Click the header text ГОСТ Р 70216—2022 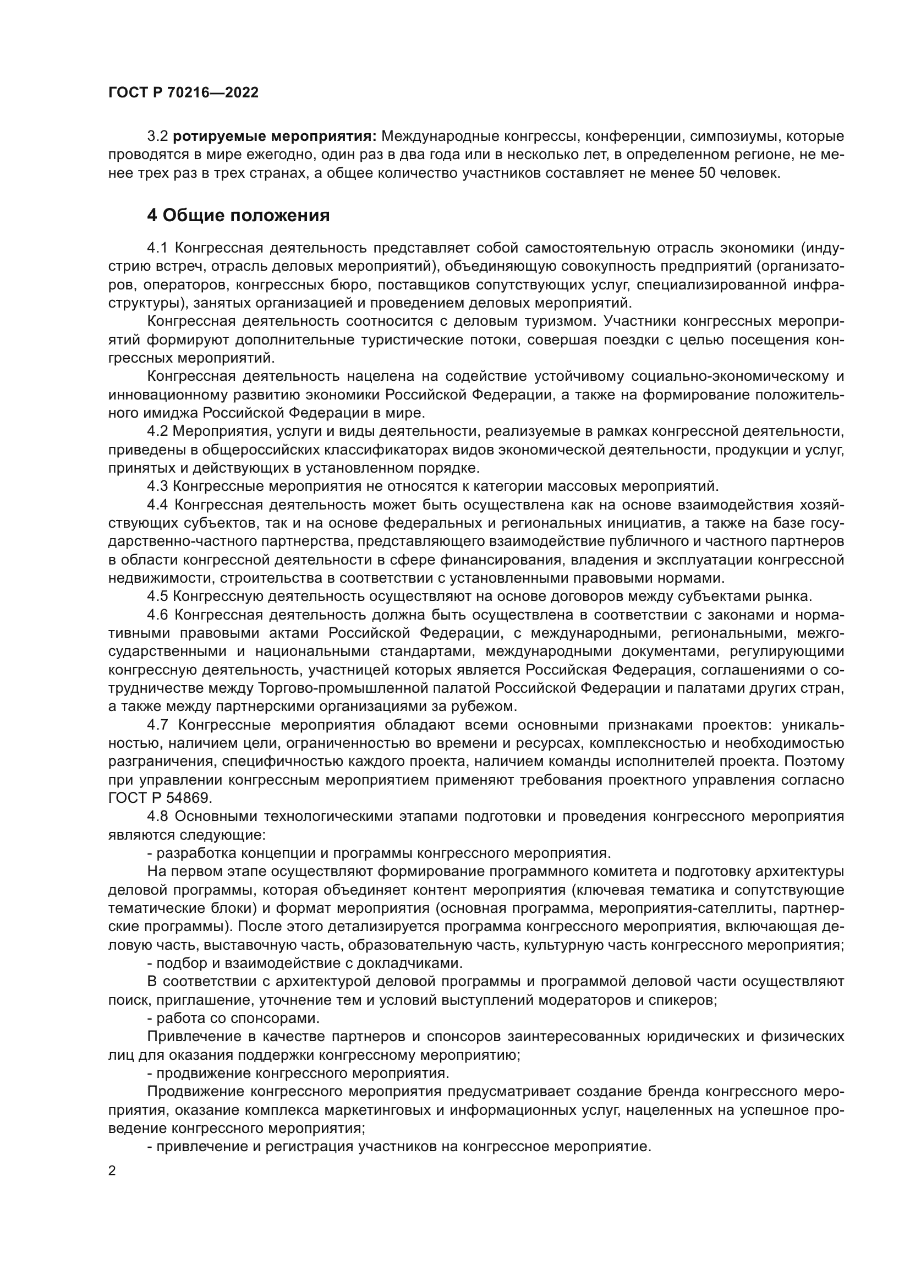[x=183, y=93]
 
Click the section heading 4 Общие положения [x=238, y=215]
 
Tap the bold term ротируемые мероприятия [x=274, y=136]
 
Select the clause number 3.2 [x=157, y=136]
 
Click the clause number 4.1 [x=157, y=248]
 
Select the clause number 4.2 [x=157, y=431]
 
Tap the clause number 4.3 [x=157, y=486]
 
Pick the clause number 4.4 [x=157, y=505]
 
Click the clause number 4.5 [x=157, y=596]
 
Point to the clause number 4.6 [x=157, y=615]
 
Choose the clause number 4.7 [x=157, y=725]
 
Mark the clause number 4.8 [x=157, y=816]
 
